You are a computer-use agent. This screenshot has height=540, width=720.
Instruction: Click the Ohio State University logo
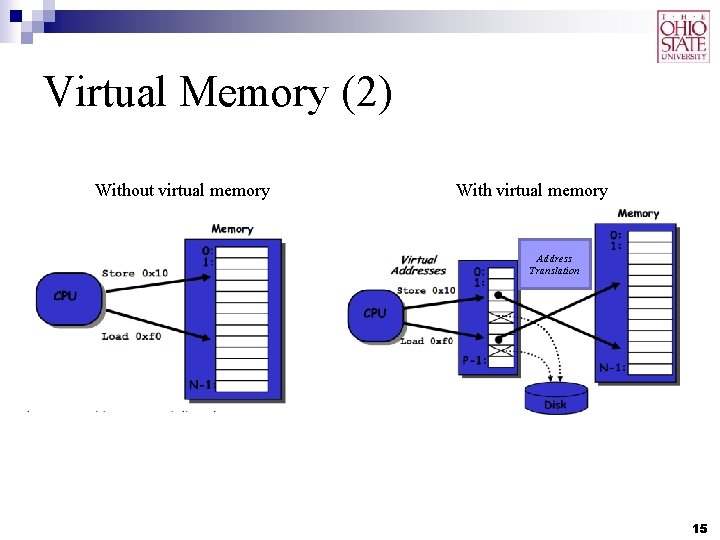pos(684,36)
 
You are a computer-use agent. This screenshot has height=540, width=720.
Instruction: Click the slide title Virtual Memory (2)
pos(219,94)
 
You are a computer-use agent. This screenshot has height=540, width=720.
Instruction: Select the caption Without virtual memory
pos(182,190)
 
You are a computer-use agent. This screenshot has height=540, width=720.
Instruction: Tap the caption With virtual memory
pos(531,190)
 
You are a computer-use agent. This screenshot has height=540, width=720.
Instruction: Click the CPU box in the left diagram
pos(66,297)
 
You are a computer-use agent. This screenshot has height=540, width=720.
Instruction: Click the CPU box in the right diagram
pos(375,314)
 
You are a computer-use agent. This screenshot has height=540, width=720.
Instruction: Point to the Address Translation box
pos(554,264)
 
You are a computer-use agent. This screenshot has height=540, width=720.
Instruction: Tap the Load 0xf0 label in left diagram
pos(131,337)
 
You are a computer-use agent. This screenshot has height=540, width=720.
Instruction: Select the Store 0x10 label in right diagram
pos(426,291)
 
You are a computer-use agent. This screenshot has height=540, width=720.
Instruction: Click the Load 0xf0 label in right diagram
pos(426,342)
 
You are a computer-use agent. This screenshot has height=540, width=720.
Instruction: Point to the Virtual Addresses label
pos(418,265)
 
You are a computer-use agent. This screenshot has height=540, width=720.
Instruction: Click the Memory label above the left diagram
pos(232,229)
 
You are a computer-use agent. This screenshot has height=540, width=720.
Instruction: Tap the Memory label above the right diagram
pos(638,213)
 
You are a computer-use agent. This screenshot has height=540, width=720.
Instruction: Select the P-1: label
pos(474,361)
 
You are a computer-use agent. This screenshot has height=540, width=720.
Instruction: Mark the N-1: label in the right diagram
pos(612,368)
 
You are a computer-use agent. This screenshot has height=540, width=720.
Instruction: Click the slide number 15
pos(699,527)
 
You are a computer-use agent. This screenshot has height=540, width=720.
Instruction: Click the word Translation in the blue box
pos(554,271)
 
